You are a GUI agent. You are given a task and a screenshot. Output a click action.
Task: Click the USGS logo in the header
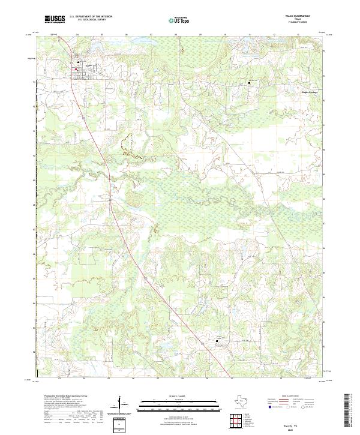click(x=55, y=19)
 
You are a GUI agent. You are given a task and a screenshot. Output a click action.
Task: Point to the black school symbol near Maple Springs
click(x=249, y=83)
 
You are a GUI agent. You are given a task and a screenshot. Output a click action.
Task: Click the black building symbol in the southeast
click(x=217, y=341)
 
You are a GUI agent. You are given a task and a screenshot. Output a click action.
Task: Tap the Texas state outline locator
click(x=246, y=401)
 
